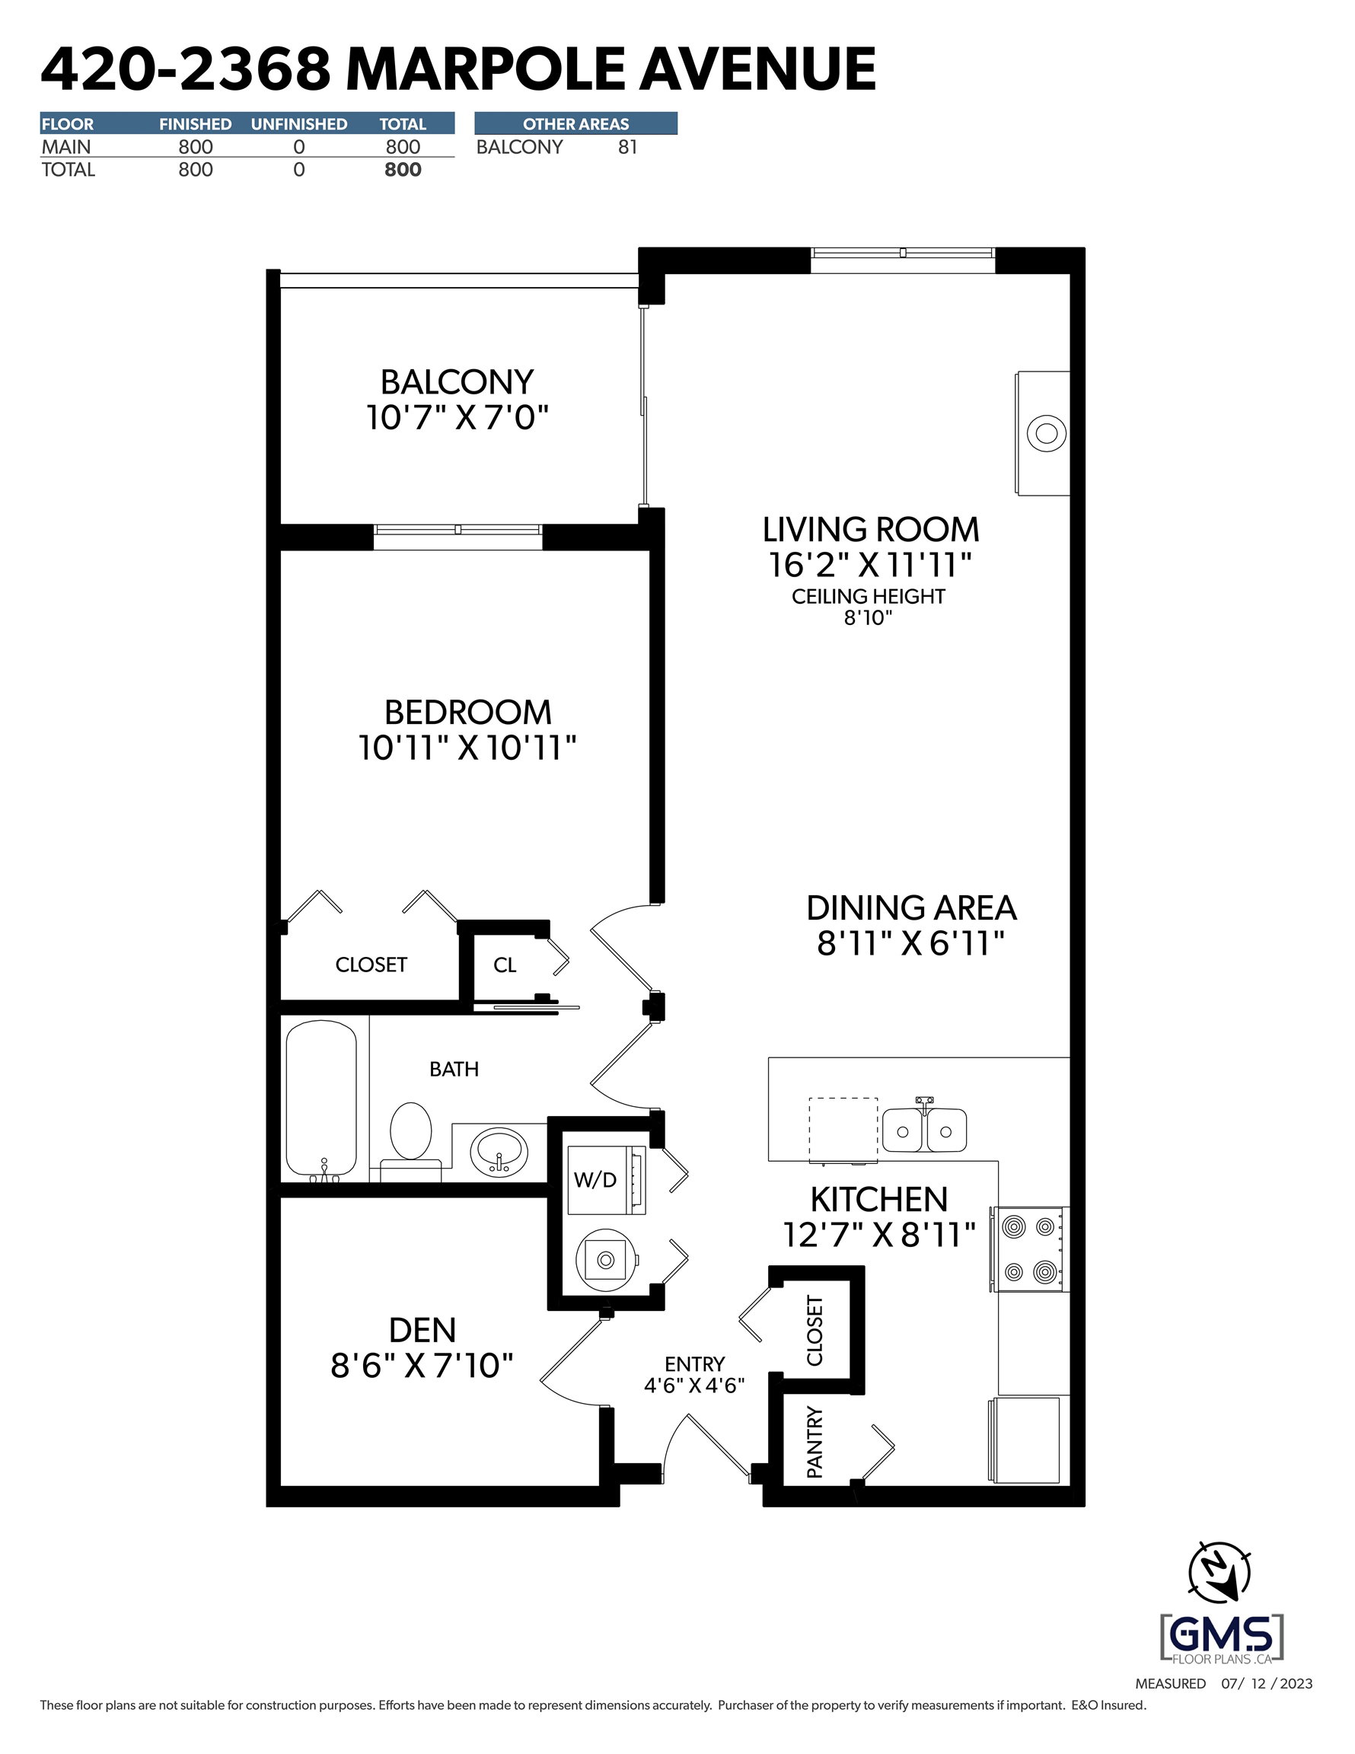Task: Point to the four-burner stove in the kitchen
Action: click(1030, 1249)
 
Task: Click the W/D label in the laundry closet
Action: click(595, 1180)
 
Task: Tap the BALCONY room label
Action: click(457, 382)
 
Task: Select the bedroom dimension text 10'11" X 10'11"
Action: click(467, 748)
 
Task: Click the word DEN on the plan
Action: click(422, 1331)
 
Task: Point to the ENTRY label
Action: click(695, 1364)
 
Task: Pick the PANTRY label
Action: click(815, 1443)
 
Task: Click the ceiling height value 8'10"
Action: click(869, 617)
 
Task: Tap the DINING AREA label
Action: click(912, 908)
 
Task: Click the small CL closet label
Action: click(505, 965)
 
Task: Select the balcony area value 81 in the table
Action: click(628, 147)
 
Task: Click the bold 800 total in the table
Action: click(403, 170)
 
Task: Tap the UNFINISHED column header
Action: click(299, 123)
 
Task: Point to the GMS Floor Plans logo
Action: click(1222, 1638)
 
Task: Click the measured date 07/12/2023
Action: click(1267, 1683)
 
